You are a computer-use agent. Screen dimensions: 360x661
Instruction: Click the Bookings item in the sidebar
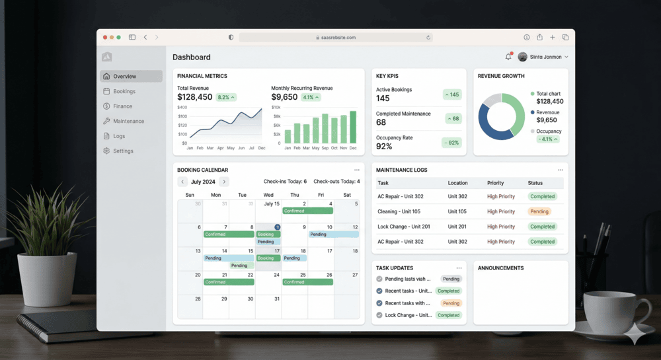124,91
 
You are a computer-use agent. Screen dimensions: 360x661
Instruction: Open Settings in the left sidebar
123,151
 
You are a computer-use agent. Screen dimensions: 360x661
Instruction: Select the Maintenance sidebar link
128,122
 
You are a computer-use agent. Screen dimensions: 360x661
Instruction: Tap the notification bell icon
508,57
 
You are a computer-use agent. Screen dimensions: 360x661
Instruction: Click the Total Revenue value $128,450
195,97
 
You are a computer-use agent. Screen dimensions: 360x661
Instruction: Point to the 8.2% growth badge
226,97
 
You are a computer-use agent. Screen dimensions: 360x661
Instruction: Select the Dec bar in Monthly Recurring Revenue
353,127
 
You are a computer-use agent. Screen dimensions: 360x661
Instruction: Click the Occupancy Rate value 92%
384,147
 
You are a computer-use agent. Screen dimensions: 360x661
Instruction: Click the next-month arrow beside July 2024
225,182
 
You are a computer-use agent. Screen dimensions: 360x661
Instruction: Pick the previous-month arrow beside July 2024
182,182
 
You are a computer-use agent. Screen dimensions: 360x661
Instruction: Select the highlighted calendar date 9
278,227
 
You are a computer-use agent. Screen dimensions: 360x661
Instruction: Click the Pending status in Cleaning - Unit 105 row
539,211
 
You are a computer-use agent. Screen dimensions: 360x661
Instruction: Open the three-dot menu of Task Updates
459,268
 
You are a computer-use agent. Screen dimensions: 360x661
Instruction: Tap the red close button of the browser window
104,38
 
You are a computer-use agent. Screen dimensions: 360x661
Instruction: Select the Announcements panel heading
500,268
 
